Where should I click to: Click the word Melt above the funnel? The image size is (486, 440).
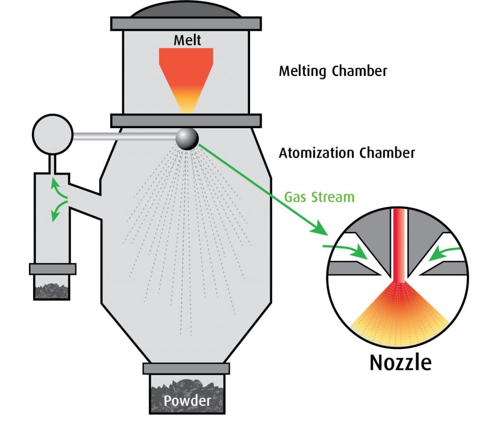(187, 40)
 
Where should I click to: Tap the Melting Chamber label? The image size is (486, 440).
(333, 71)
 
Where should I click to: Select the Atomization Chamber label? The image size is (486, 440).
(346, 153)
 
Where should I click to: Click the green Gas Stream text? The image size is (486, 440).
(319, 197)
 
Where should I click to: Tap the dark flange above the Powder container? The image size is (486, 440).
(186, 368)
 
